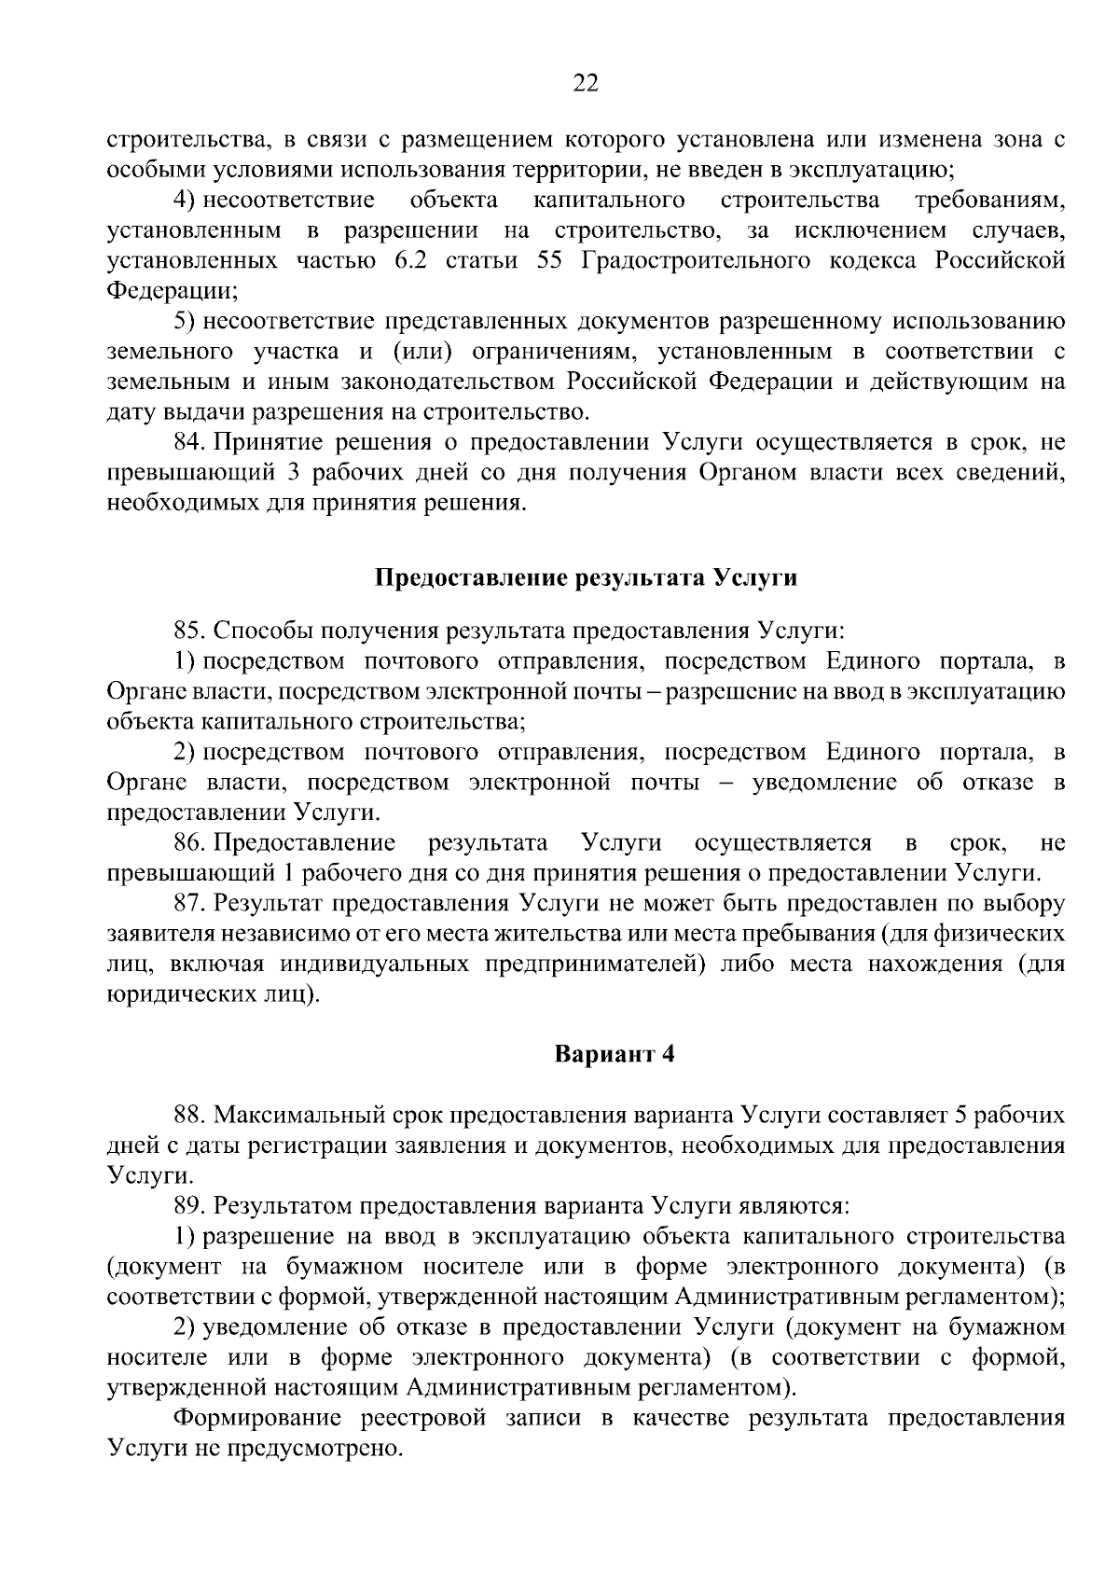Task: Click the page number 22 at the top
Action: tap(585, 84)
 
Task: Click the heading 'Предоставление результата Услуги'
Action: tap(586, 577)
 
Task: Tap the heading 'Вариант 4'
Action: tap(614, 1055)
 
